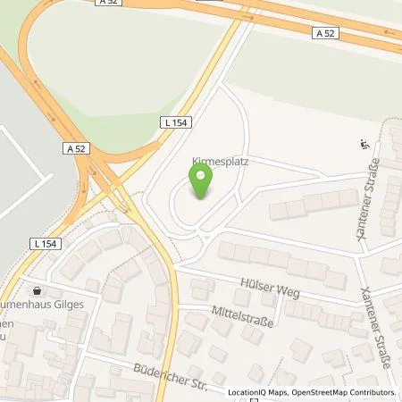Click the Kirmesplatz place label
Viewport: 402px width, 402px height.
click(x=217, y=163)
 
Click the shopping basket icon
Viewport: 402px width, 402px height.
click(x=37, y=290)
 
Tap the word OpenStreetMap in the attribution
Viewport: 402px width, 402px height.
click(x=314, y=392)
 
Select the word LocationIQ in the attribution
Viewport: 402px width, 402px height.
click(x=247, y=392)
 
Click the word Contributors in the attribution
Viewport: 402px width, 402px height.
click(x=370, y=392)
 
